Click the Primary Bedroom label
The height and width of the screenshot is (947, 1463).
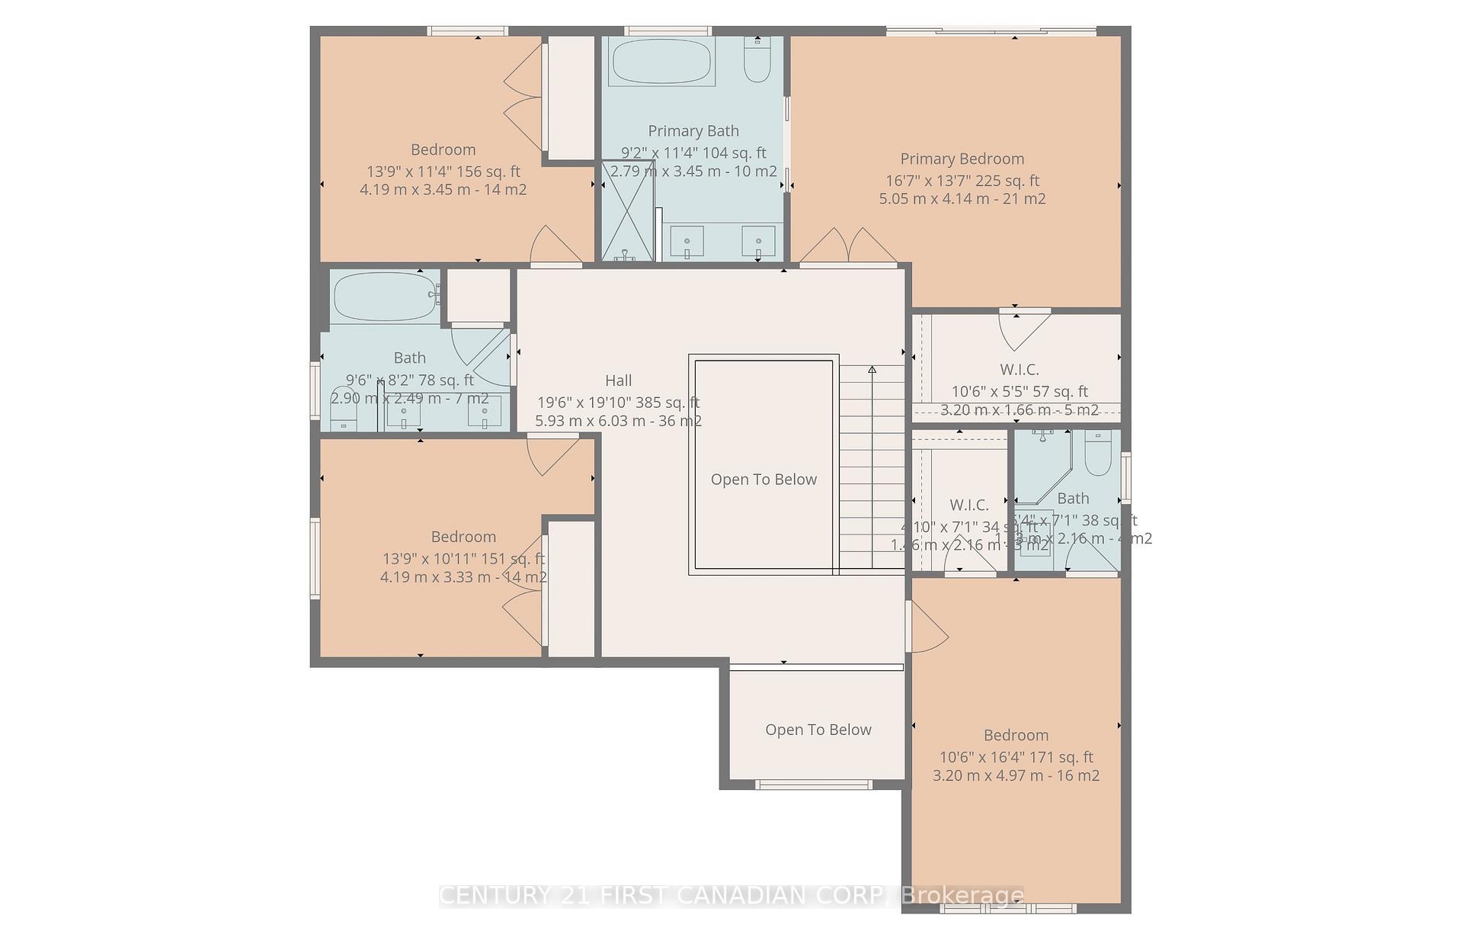pyautogui.click(x=962, y=159)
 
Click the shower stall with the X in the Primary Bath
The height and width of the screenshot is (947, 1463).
pyautogui.click(x=628, y=210)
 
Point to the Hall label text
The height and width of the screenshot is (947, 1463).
pyautogui.click(x=618, y=380)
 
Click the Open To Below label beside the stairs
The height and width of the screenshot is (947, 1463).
pyautogui.click(x=764, y=480)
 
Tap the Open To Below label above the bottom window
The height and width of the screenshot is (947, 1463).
pyautogui.click(x=818, y=730)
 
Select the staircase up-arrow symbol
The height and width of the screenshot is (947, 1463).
pyautogui.click(x=872, y=371)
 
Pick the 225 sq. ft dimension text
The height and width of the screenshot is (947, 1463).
pyautogui.click(x=962, y=181)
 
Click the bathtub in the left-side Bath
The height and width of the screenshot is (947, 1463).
pyautogui.click(x=385, y=296)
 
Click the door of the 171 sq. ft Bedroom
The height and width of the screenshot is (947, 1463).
pyautogui.click(x=927, y=626)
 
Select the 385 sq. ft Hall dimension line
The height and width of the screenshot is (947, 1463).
pyautogui.click(x=618, y=403)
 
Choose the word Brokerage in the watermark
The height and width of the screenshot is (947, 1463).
pyautogui.click(x=962, y=895)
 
